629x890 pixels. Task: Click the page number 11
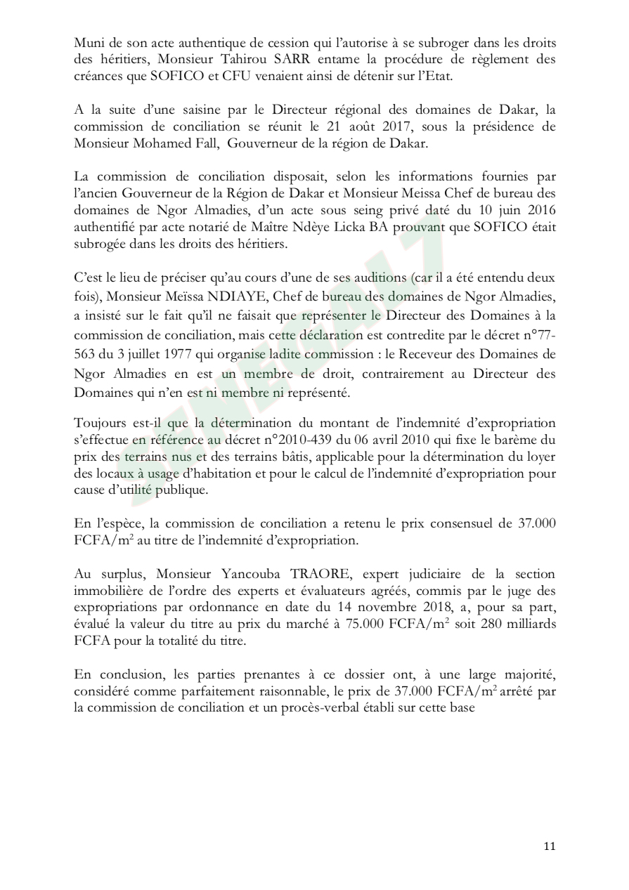550,846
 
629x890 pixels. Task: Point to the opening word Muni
87,43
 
